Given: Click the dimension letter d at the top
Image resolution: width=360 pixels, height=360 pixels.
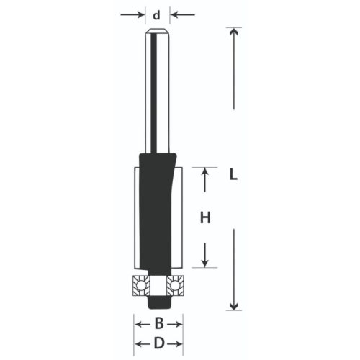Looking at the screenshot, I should point(157,14).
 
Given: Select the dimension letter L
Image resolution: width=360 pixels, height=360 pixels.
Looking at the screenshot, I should point(232,174).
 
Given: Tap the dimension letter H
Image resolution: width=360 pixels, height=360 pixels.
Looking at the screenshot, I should point(205,218).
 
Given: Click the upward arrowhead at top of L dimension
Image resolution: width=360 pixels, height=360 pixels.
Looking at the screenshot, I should point(232,32).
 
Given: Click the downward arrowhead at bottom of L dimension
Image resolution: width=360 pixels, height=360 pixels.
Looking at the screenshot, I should point(232,305).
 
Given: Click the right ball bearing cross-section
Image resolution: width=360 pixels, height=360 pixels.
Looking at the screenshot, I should point(174,286).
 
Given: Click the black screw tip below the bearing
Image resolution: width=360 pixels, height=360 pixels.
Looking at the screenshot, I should point(156,301).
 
